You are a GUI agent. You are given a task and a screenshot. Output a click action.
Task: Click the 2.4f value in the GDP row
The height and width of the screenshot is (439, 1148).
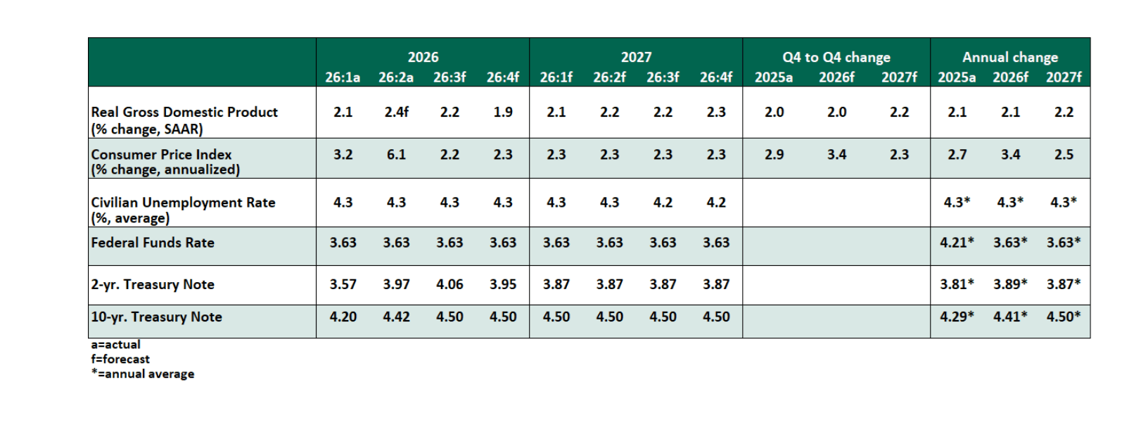396,112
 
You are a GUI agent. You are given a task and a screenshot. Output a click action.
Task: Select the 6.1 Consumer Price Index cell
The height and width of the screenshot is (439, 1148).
396,154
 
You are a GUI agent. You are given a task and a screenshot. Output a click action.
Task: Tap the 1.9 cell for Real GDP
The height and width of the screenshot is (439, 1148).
503,112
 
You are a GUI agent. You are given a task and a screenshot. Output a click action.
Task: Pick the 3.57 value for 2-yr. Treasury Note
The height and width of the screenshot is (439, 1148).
343,284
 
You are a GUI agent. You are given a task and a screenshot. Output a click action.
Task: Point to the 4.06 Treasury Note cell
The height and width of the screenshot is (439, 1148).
449,284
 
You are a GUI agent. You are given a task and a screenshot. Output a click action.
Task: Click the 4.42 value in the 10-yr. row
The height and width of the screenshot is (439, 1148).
396,317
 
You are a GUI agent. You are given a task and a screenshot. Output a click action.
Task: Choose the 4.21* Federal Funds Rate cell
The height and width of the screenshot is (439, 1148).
957,242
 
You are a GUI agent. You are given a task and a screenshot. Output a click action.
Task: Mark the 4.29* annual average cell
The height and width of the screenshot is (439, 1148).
957,317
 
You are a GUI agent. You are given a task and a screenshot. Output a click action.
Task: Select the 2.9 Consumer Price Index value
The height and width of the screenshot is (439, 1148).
774,154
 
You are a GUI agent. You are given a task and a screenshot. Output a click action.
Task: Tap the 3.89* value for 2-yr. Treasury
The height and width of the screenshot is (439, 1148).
1010,284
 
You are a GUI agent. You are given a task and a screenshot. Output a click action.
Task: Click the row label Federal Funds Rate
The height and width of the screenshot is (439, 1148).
153,243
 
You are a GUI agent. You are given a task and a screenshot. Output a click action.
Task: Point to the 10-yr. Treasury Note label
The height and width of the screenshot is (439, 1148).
156,317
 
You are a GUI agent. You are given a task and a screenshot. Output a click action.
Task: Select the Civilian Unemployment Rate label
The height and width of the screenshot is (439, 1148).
183,203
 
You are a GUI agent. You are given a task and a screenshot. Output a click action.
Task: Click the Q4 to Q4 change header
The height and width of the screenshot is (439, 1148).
836,57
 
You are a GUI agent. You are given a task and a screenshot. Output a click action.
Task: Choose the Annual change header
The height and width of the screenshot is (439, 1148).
1010,57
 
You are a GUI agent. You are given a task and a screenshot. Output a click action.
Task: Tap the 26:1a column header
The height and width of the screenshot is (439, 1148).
343,77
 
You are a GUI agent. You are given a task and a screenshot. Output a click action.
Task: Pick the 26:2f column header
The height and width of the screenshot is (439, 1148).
609,77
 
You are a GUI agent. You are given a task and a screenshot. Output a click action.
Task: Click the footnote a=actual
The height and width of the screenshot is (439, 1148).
116,344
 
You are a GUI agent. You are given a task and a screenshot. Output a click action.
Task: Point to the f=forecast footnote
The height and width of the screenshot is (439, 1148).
120,359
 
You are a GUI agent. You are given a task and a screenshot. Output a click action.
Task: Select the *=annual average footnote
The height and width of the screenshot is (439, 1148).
143,374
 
